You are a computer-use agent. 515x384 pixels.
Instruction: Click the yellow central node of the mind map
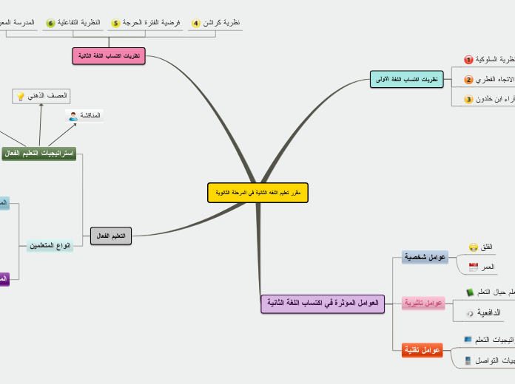click(x=257, y=193)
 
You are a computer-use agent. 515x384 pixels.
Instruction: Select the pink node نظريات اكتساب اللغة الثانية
click(x=109, y=56)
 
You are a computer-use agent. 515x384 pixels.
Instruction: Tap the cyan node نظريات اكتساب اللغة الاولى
click(x=404, y=79)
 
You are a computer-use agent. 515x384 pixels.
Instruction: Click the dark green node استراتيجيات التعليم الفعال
click(x=39, y=153)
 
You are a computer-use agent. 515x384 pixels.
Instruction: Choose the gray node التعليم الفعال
click(x=111, y=236)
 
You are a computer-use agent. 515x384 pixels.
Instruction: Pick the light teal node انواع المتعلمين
click(x=50, y=245)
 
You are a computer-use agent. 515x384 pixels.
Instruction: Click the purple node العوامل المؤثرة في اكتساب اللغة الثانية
click(x=323, y=304)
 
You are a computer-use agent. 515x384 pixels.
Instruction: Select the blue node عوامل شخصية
click(x=425, y=257)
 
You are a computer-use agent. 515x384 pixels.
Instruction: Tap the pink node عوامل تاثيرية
click(x=423, y=303)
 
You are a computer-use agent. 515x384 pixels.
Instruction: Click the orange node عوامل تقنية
click(x=422, y=349)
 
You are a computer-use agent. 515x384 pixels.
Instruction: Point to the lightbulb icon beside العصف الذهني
click(x=21, y=96)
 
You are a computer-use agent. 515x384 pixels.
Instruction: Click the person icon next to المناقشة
click(x=73, y=116)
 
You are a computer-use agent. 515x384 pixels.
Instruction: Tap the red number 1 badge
click(x=468, y=60)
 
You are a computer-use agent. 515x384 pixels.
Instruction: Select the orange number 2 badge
click(x=468, y=80)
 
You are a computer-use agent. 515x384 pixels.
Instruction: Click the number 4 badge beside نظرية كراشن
click(x=196, y=24)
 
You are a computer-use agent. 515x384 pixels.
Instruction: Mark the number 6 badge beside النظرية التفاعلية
click(x=51, y=24)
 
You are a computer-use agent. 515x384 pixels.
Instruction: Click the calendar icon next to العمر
click(x=474, y=267)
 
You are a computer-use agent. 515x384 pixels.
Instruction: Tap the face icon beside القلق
click(x=474, y=247)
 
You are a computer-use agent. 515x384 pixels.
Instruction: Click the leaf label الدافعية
click(x=488, y=313)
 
